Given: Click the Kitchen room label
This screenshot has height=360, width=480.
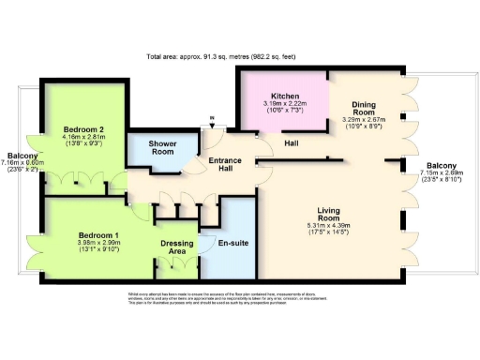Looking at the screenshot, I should coord(285,97).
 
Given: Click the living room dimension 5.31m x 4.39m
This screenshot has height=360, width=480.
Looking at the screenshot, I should coord(335,225).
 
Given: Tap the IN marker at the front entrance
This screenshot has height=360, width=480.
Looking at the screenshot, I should coord(212,119).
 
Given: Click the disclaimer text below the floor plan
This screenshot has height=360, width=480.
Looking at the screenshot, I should coord(240,299).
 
